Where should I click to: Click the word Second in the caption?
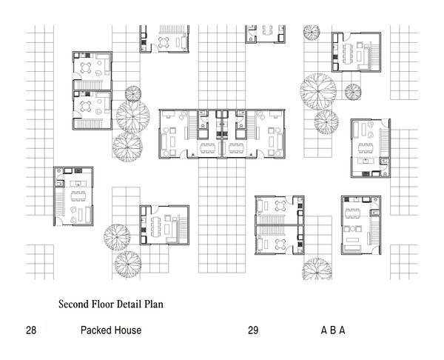coord(73,304)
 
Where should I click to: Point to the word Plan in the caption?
coord(154,304)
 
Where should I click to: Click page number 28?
coord(31,330)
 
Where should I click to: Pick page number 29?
coord(253,330)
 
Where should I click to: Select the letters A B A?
coord(333,330)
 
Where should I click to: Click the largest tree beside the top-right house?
coord(318,91)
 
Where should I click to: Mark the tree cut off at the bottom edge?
coord(317,270)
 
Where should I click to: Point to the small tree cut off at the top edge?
coord(312,32)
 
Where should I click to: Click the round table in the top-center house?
coord(164,42)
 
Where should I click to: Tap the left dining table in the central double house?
coord(208,148)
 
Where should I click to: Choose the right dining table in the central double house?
coord(236,148)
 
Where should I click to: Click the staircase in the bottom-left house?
coord(60,202)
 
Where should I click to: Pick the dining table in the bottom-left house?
coord(78,196)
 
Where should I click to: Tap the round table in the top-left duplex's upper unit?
coord(86,68)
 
